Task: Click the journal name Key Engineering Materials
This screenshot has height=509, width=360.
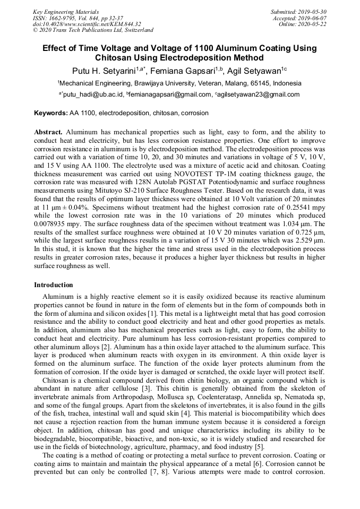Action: click(65, 12)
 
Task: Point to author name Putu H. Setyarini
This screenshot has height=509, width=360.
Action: click(103, 71)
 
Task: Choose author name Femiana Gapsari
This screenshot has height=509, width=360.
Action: click(190, 71)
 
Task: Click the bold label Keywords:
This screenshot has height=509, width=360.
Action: click(51, 113)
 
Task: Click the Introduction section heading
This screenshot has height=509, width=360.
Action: click(54, 285)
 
